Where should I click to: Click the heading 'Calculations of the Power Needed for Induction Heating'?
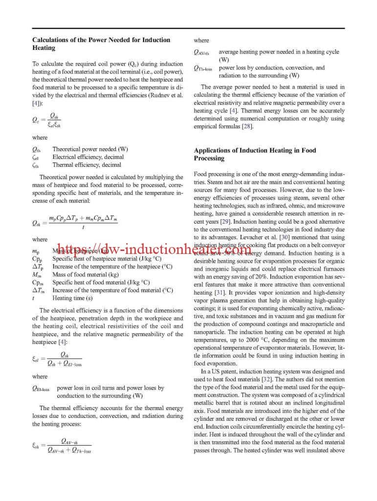point(101,44)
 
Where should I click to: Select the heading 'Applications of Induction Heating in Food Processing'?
point(255,154)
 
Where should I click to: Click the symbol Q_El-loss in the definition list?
point(42,388)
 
